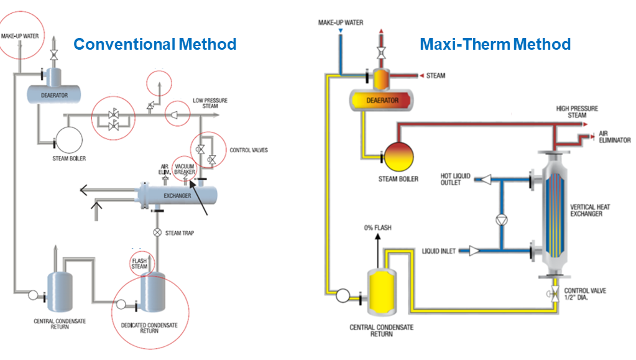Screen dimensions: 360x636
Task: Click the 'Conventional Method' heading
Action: tap(155, 44)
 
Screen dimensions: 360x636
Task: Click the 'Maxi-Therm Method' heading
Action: tap(495, 44)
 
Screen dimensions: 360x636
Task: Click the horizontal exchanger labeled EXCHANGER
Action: tap(178, 195)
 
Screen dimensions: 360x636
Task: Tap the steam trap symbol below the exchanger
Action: tap(158, 233)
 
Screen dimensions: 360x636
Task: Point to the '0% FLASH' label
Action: tap(377, 228)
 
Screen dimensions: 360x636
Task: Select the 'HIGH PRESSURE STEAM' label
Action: tap(577, 112)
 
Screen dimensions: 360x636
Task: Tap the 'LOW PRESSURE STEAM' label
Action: tap(206, 103)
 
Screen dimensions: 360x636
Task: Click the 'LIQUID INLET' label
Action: tap(439, 251)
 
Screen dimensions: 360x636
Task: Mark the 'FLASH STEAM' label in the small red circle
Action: tap(139, 263)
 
